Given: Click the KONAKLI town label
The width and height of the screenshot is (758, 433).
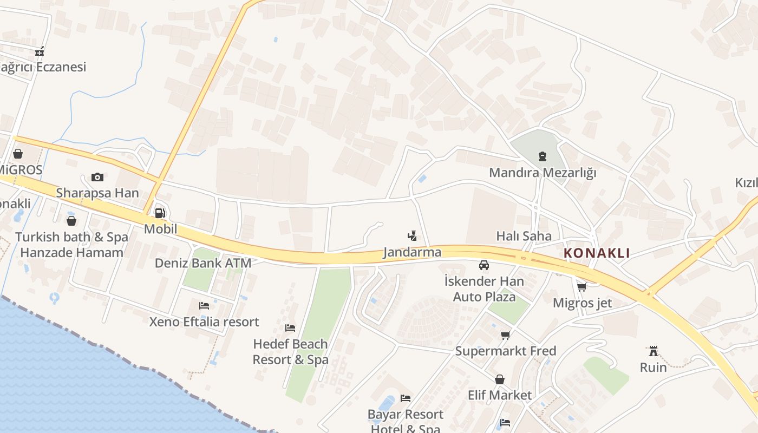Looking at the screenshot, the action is (x=597, y=253).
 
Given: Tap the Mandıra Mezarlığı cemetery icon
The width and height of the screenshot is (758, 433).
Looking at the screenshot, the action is (x=542, y=157).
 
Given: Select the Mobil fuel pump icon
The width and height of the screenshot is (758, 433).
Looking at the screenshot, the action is (x=160, y=213).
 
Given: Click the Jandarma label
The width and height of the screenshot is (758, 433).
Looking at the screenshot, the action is (x=412, y=252).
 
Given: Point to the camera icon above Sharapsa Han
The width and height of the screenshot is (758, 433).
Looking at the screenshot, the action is (x=97, y=177).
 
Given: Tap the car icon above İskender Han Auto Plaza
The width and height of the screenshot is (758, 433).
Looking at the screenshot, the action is (x=484, y=265).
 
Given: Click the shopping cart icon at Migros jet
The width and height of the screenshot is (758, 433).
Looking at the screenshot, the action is (x=582, y=287).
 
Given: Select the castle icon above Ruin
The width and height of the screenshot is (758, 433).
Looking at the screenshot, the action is (x=653, y=351).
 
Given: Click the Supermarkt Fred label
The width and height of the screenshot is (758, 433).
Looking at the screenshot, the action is (x=505, y=351).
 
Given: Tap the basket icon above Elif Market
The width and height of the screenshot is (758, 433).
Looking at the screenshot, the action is (x=499, y=379).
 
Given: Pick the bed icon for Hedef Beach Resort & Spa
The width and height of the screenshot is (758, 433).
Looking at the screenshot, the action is (x=290, y=328).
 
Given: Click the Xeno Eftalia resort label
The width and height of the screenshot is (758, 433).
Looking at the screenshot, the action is (x=204, y=322).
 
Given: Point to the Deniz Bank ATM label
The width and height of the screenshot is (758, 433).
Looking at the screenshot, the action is (x=203, y=263).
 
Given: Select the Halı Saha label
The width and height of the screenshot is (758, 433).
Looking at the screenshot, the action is (x=524, y=236).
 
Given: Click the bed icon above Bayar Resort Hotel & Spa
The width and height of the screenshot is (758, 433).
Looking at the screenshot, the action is (x=406, y=398).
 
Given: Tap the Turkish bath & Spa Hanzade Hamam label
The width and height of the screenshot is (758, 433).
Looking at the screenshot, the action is (x=71, y=245).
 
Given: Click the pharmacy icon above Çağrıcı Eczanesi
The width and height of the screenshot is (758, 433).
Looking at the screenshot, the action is (x=39, y=52).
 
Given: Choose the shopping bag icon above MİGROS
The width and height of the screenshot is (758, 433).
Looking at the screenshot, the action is (x=18, y=154).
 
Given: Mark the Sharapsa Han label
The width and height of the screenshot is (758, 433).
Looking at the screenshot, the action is (x=97, y=193).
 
